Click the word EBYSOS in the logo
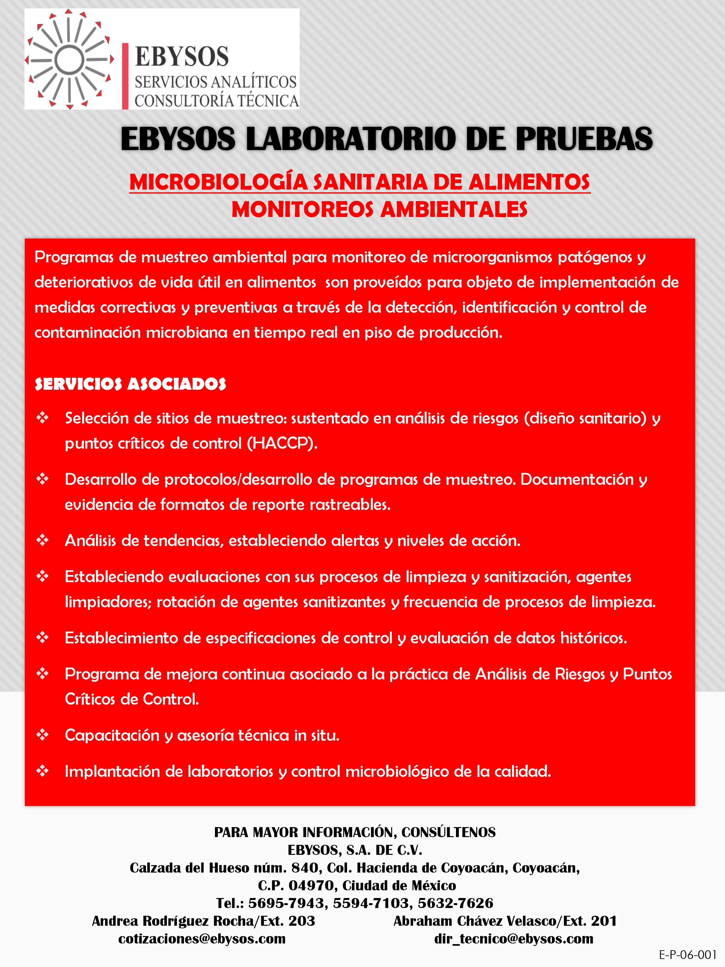pos(182,57)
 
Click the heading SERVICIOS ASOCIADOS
pos(130,384)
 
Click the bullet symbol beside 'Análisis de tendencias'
pos(43,540)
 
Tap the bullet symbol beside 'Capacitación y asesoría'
pos(43,735)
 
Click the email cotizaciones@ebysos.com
pos(202,939)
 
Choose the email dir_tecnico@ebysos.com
pos(514,939)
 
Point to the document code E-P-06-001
pos(687,954)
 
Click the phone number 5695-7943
pos(286,903)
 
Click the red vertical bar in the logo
pos(125,76)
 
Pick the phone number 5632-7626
pos(455,903)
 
